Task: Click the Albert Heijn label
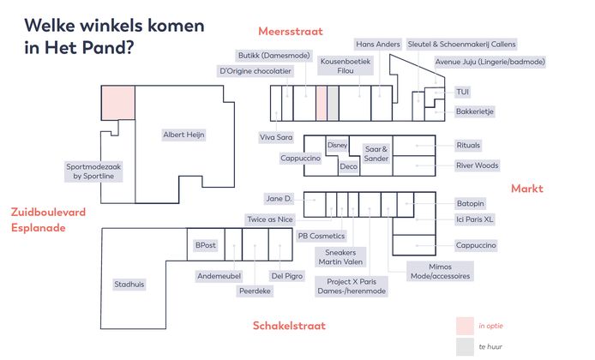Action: coord(185,135)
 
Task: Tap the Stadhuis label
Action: coord(130,284)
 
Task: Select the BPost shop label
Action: coord(205,245)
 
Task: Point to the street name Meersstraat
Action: coord(290,32)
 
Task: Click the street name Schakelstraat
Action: coord(289,326)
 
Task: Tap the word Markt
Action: coord(527,189)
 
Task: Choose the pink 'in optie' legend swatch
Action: coord(465,326)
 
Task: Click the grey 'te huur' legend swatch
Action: coord(465,345)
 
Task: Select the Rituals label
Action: coord(469,145)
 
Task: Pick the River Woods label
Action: coord(477,165)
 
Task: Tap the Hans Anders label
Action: coord(377,44)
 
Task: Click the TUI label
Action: coord(463,92)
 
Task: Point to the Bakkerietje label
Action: coord(475,111)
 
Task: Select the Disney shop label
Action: coord(337,146)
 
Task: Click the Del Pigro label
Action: coord(287,276)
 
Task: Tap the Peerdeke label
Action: coord(255,291)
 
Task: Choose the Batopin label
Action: coord(472,203)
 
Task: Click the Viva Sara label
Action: coord(276,136)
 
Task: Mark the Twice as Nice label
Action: coord(269,219)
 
